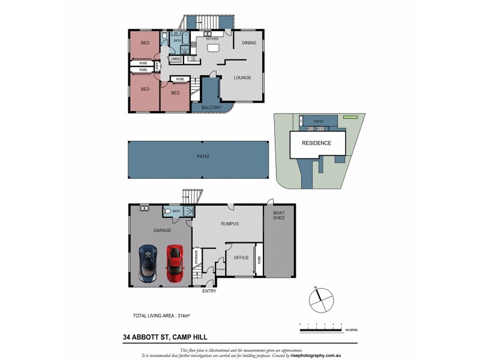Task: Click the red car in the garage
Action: (x=175, y=263)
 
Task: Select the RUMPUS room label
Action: (x=229, y=224)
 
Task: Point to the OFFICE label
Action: (x=241, y=258)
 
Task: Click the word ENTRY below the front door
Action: (x=209, y=291)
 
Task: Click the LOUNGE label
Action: (x=242, y=77)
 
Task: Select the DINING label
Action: (x=249, y=43)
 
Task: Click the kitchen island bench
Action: (x=213, y=48)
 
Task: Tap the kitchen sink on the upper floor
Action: (x=207, y=34)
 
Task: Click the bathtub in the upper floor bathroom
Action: (x=185, y=40)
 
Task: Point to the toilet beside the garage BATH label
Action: (x=167, y=211)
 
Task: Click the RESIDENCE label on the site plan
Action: (x=316, y=143)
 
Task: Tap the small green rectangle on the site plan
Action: (x=350, y=117)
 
